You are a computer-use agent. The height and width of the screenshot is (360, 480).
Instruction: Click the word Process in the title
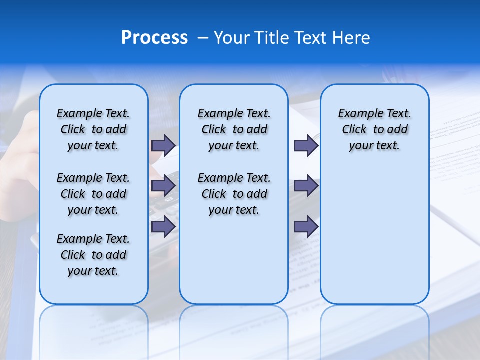point(154,38)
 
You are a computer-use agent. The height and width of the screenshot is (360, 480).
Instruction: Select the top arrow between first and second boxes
point(163,145)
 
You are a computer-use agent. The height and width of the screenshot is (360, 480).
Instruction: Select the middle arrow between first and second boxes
point(163,186)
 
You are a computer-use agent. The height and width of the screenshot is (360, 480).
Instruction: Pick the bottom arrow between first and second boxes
point(163,226)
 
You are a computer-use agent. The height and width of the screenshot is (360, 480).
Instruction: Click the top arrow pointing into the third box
point(306,145)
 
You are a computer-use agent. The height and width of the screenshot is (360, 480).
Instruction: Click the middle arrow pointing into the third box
point(306,186)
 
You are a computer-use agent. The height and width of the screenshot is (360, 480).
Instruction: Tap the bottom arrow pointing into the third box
point(306,226)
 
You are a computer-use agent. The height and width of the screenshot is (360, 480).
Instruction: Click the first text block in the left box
point(93,129)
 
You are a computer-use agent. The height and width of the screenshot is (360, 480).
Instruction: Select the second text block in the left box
point(93,194)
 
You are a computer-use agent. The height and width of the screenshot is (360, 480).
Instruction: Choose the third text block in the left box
point(93,255)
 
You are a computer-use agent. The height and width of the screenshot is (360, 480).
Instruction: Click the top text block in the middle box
point(234,129)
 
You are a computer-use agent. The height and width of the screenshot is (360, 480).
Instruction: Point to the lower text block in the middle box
point(234,194)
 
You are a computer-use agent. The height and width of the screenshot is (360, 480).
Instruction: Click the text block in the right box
point(374,129)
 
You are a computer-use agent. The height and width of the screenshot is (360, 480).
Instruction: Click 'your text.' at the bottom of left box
point(93,271)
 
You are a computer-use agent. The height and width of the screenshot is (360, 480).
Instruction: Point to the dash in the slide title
point(203,38)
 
